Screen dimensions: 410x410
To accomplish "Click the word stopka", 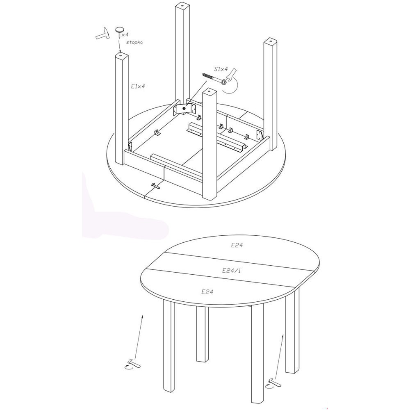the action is [x=134, y=42].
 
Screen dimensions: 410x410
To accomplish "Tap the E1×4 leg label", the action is [x=138, y=86].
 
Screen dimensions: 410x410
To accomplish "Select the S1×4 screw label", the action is [x=221, y=69].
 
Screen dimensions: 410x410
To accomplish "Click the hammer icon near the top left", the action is [x=103, y=33].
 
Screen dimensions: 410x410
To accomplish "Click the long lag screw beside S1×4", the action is [x=215, y=79].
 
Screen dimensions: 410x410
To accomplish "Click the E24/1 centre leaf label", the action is [x=232, y=271].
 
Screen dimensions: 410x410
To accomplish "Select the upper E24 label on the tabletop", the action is [x=237, y=245].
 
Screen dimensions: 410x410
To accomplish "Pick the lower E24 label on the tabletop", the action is [x=207, y=292].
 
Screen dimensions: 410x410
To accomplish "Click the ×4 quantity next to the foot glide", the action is [x=125, y=34].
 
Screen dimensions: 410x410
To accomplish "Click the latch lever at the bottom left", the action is [x=132, y=364].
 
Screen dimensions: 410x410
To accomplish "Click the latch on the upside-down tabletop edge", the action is [x=156, y=186].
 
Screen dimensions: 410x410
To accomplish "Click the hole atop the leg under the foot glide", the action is [x=121, y=55].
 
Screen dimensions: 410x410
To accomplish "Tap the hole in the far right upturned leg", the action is [x=270, y=41].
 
